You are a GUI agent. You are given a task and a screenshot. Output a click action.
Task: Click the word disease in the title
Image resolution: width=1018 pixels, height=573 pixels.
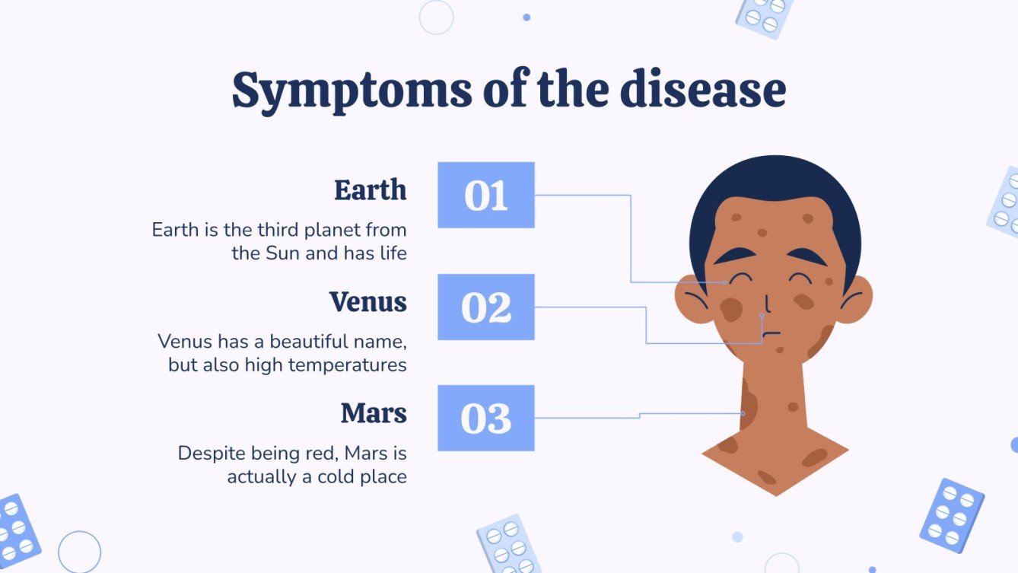[x=702, y=90]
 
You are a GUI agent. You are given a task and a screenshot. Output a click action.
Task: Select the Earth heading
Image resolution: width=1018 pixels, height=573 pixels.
[x=370, y=190]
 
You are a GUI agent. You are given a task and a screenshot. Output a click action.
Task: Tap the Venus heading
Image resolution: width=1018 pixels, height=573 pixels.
[x=368, y=302]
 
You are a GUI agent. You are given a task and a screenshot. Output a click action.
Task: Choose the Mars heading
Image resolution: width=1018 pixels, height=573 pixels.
[x=374, y=414]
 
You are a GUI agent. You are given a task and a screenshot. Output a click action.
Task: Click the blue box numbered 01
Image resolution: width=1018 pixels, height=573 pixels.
[x=486, y=195]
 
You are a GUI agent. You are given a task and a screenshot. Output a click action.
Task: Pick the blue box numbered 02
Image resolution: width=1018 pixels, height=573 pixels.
[x=486, y=307]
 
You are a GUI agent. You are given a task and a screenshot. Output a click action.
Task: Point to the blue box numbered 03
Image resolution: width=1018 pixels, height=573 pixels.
[x=486, y=418]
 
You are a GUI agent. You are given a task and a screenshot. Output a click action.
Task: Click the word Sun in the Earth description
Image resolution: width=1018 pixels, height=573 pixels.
[x=282, y=253]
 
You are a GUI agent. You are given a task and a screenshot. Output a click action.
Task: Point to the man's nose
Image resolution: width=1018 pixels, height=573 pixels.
[x=767, y=303]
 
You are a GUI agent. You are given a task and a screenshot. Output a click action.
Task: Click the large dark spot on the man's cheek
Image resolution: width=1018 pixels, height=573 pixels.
[x=731, y=308]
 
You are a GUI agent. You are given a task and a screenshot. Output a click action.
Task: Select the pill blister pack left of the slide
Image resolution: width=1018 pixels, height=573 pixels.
[x=17, y=530]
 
